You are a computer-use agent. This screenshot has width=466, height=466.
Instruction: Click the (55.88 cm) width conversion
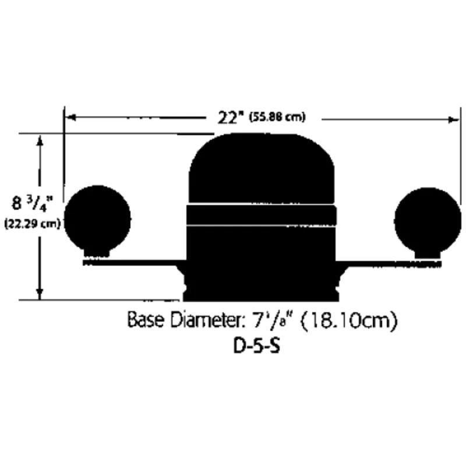click(277, 118)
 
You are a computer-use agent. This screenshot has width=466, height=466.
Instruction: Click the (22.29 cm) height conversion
click(33, 224)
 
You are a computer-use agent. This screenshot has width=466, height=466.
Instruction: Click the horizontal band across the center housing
click(262, 215)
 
